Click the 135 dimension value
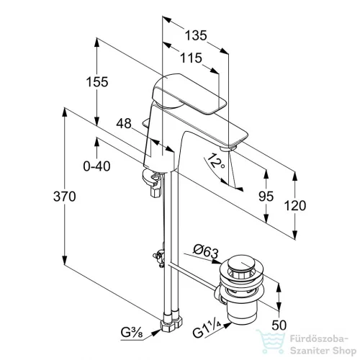(x=196, y=35)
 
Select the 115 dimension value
(x=191, y=58)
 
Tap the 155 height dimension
(x=97, y=82)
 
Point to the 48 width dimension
(x=124, y=124)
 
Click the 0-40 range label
(x=97, y=166)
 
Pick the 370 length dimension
(x=65, y=197)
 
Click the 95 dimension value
(x=266, y=197)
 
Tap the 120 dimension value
(x=295, y=206)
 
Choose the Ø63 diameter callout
(x=206, y=251)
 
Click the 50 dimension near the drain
(x=279, y=325)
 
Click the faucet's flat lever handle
(x=189, y=94)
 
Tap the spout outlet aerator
(x=228, y=148)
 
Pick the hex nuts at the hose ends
(x=171, y=323)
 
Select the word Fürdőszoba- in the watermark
(x=319, y=339)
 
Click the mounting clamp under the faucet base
(x=152, y=181)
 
